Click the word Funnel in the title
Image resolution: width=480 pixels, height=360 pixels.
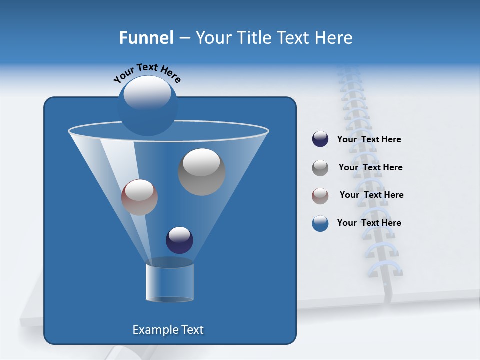(146, 38)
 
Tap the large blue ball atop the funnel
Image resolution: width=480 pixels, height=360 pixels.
(147, 106)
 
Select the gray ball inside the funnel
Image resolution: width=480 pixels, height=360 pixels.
(202, 172)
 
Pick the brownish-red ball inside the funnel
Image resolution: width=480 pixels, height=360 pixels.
(139, 197)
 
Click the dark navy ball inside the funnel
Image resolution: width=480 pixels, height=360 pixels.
(179, 240)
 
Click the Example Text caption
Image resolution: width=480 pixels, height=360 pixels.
(168, 330)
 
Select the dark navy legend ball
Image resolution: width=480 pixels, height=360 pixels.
(320, 139)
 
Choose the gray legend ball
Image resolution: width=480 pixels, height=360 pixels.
(320, 167)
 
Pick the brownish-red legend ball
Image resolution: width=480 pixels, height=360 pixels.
(320, 195)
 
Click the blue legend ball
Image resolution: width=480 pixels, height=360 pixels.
(320, 223)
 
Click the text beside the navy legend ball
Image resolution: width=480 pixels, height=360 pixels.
(369, 140)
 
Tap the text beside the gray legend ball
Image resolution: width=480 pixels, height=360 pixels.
(370, 168)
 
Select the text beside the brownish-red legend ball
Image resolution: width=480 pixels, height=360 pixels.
(371, 195)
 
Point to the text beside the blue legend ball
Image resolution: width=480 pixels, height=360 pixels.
(369, 223)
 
